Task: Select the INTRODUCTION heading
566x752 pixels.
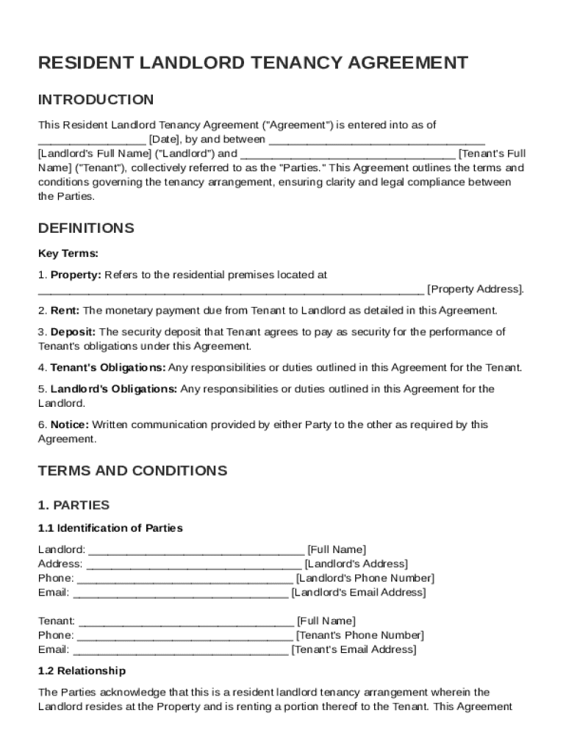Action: tap(96, 100)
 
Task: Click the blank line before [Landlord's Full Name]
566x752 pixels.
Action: tap(376, 139)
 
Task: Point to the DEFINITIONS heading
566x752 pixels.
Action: tap(86, 228)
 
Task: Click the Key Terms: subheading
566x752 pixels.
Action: tap(68, 253)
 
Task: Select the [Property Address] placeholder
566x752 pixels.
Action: tap(475, 289)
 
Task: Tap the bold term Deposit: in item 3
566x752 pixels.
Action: tap(73, 332)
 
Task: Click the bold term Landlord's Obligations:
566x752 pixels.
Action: tap(113, 388)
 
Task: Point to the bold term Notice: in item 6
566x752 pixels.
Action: tap(70, 424)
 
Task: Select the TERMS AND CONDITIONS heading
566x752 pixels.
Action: tap(132, 471)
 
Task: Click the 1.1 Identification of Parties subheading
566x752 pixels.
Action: tap(110, 528)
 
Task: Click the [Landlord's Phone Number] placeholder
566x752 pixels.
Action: tap(365, 578)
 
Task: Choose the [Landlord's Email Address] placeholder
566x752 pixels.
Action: tap(358, 592)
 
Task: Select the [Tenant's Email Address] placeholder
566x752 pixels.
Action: tap(354, 649)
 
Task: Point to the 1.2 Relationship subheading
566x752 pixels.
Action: tap(82, 670)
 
